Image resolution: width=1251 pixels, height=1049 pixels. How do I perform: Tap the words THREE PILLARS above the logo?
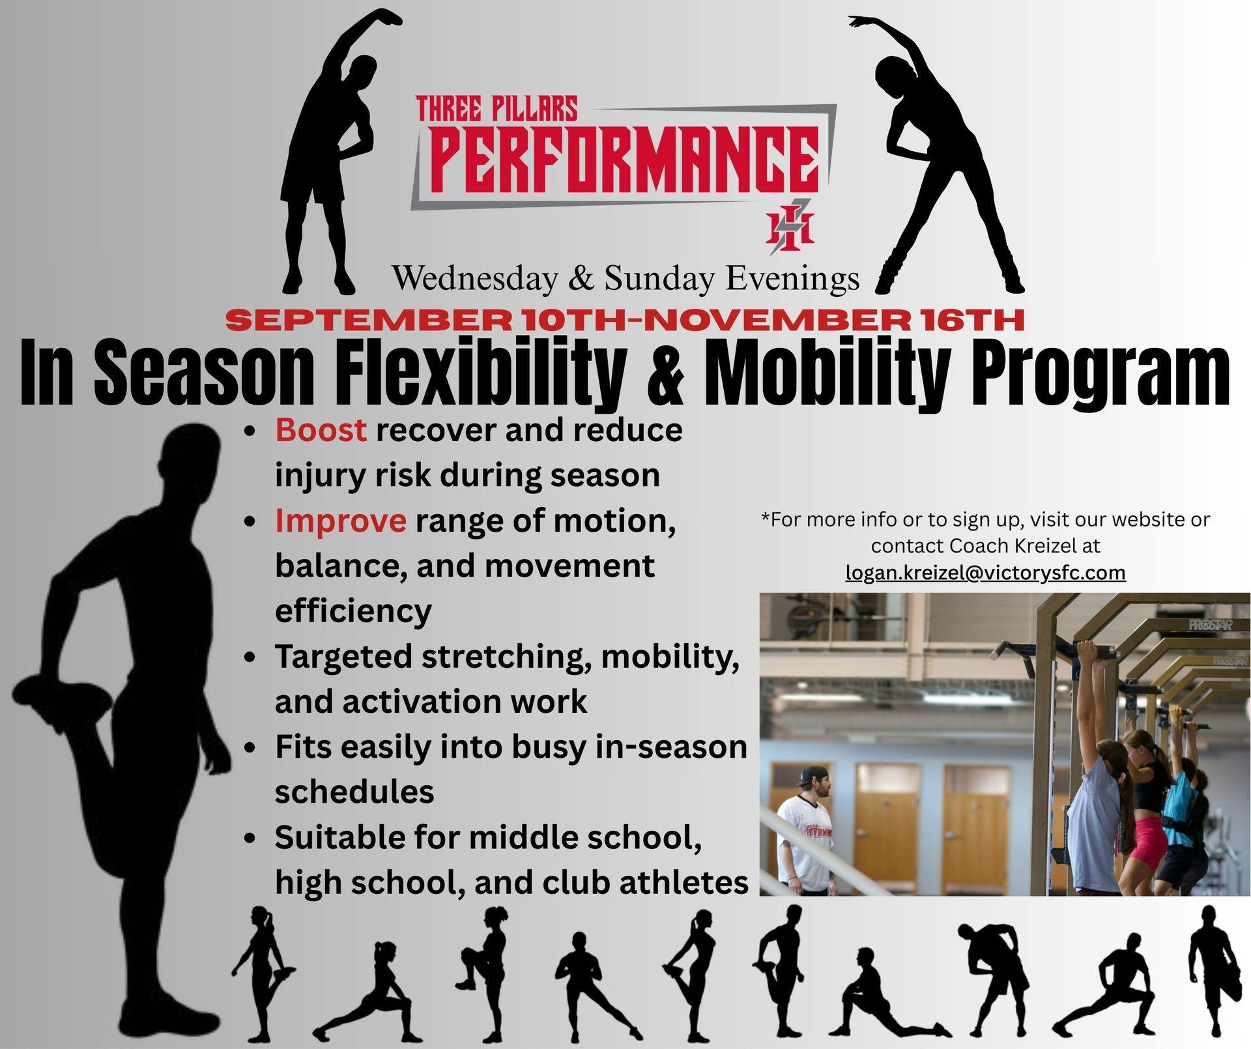tap(496, 109)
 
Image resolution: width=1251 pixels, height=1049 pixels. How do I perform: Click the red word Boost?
tap(321, 430)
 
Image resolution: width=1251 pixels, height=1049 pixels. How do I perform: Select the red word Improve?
tap(341, 521)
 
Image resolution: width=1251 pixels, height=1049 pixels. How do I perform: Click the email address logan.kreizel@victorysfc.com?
tap(986, 573)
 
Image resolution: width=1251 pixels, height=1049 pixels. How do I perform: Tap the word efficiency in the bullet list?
tap(353, 611)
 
